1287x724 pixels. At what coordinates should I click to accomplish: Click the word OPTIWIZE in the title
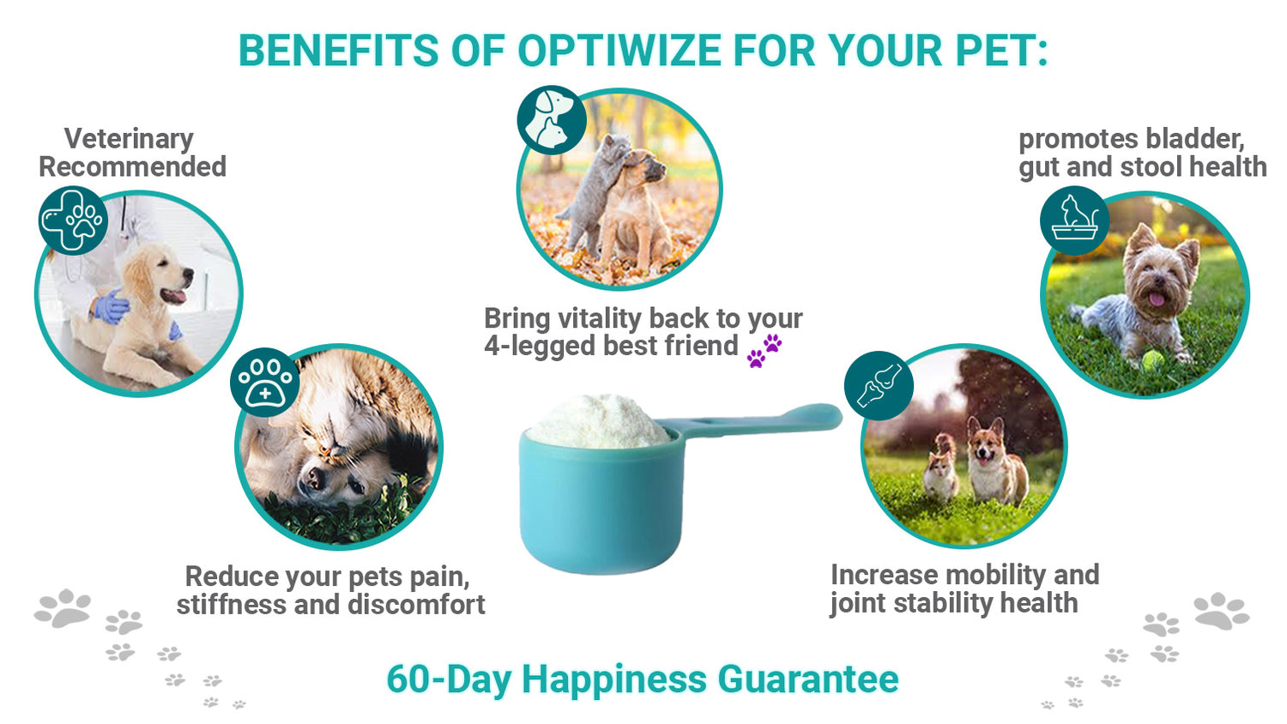click(619, 51)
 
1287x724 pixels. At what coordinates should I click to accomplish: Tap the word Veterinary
click(129, 140)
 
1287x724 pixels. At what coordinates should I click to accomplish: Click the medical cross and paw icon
click(73, 220)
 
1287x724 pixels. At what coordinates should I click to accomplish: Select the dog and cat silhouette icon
click(552, 121)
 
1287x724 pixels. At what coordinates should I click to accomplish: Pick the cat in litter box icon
click(1074, 220)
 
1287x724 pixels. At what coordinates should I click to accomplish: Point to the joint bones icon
click(879, 385)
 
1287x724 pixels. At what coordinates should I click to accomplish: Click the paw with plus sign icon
click(265, 383)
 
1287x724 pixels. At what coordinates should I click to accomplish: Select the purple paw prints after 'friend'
click(764, 351)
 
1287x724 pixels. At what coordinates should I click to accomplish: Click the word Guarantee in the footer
click(808, 679)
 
